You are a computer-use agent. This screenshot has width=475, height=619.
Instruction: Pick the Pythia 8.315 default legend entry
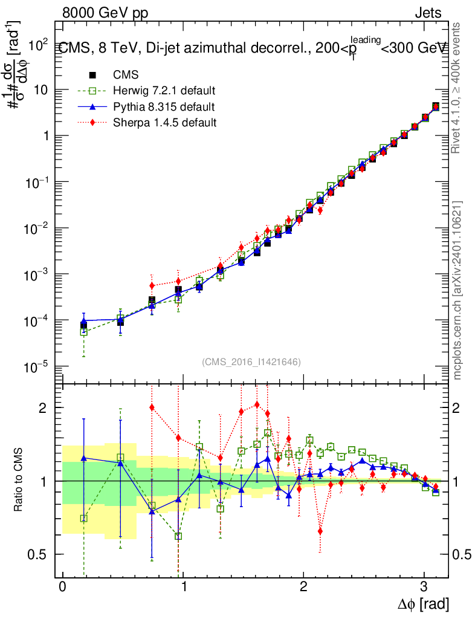coord(163,107)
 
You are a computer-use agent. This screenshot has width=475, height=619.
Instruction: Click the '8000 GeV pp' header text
coord(105,13)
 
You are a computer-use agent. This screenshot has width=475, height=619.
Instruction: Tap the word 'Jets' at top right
coord(429,13)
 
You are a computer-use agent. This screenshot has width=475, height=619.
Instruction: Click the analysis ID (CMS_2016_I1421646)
coord(251,362)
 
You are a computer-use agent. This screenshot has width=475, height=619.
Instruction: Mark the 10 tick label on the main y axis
coord(42,89)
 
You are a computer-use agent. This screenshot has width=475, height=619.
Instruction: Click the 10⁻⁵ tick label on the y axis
coord(39,366)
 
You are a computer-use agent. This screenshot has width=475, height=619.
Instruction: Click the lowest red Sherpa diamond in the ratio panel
coord(320,531)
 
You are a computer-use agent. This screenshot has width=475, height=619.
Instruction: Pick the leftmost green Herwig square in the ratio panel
coord(84,518)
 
